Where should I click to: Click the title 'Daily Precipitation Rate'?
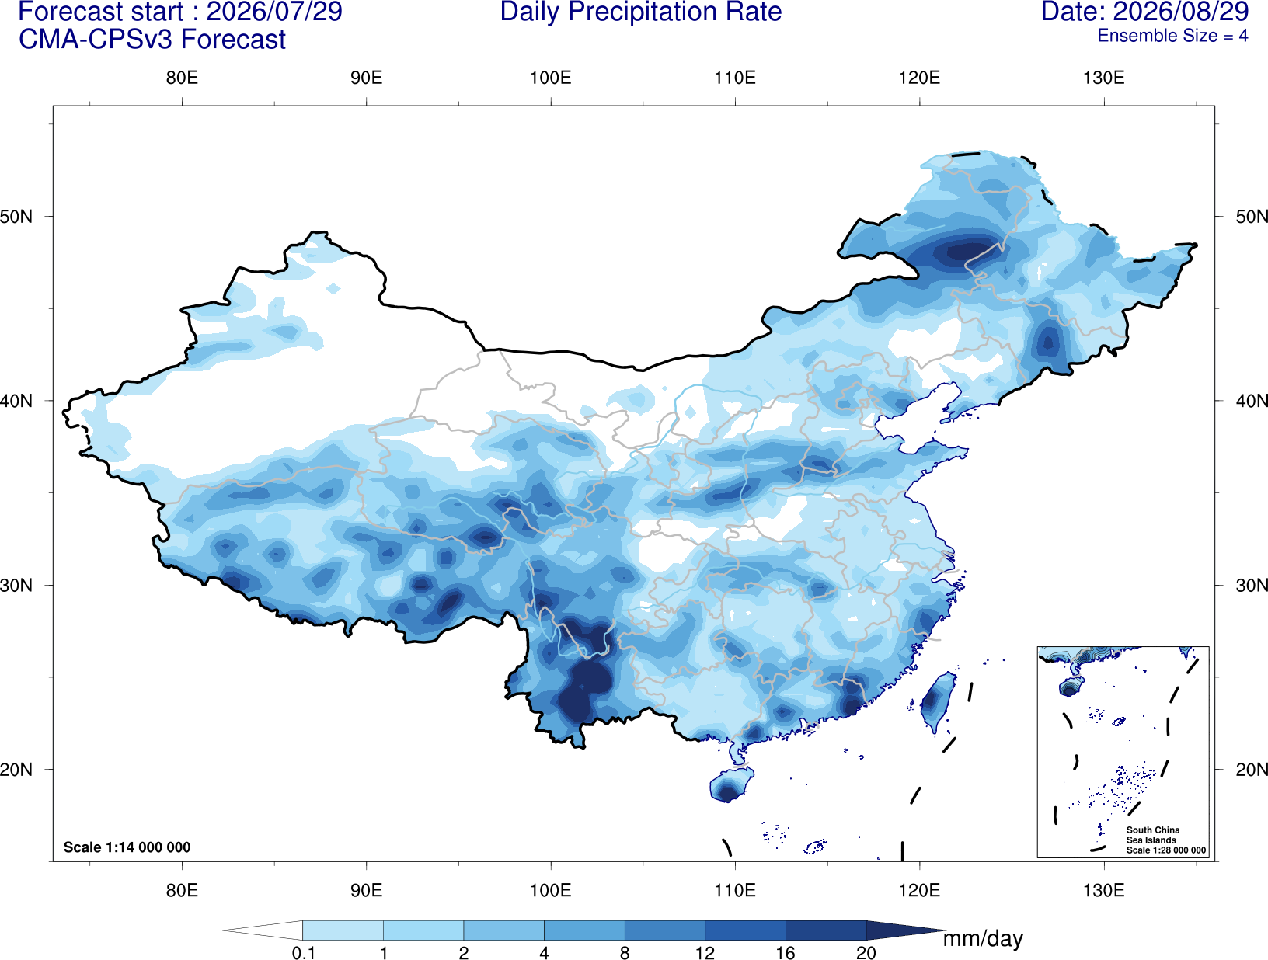coord(641,12)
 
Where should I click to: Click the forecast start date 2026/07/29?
coord(274,12)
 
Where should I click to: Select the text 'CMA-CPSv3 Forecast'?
coord(152,40)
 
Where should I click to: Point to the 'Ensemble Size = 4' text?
coord(1172,36)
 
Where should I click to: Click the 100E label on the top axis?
coord(551,78)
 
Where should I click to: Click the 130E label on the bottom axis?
coord(1104,890)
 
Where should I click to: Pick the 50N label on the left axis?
coord(16,217)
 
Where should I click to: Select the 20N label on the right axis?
coord(1252,770)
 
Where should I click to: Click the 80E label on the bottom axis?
coord(182,890)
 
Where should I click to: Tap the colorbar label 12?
coord(705,953)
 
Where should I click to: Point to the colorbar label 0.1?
coord(303,953)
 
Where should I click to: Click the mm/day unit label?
coord(983,939)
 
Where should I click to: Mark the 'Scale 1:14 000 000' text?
coord(127,847)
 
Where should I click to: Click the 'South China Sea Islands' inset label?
coord(1153,835)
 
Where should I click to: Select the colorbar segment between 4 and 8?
coord(584,930)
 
